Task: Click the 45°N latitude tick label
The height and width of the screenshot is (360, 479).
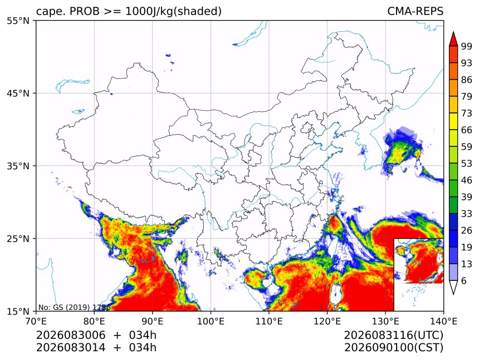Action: point(18,93)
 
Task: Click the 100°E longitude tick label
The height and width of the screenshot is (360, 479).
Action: point(211,321)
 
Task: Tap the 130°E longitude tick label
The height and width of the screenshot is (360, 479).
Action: point(385,321)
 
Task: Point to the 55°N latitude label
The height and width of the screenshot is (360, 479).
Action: point(18,21)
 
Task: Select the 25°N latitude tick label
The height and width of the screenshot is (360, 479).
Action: point(18,238)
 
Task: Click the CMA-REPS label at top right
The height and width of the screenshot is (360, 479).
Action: point(415,11)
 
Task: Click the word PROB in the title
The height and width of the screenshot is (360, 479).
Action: point(85,11)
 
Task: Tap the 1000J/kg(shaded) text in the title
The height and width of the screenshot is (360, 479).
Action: point(174,11)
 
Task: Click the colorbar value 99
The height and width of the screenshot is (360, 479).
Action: point(467,46)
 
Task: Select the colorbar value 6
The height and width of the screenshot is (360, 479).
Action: point(464,280)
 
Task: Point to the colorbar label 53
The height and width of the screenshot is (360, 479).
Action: point(467,164)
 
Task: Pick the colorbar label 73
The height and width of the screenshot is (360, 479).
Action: point(467,113)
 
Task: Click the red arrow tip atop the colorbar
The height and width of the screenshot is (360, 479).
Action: point(453,32)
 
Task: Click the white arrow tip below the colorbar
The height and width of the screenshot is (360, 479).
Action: point(453,294)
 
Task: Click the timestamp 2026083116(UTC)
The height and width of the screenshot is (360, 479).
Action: point(393,335)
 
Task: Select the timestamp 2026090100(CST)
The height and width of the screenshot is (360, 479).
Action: point(393,348)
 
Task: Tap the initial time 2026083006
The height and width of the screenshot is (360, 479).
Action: point(71,335)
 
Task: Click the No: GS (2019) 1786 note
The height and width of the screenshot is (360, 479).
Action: point(74,307)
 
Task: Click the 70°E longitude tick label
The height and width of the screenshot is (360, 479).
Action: point(36,321)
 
